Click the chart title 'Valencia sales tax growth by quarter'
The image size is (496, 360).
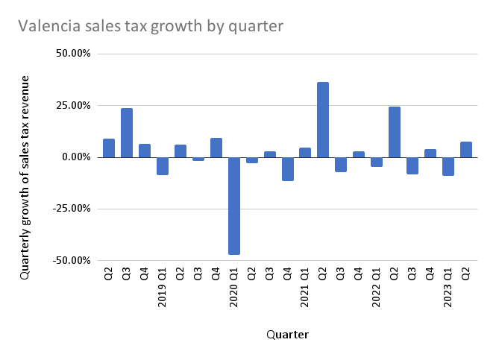point(151,25)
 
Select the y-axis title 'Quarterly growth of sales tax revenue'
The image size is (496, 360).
point(26,177)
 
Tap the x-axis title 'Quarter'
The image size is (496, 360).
point(287,335)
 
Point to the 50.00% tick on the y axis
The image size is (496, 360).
point(72,54)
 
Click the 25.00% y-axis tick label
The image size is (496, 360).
point(72,105)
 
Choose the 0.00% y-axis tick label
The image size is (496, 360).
point(75,157)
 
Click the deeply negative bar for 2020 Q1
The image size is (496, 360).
point(234,206)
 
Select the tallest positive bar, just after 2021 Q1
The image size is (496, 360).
point(323,119)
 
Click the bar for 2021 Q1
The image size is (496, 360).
point(305,153)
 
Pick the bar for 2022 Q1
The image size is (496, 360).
point(377,162)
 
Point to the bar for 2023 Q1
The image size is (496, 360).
point(448,166)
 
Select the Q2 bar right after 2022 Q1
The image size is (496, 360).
point(395,132)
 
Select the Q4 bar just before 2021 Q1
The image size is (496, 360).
point(287,169)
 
